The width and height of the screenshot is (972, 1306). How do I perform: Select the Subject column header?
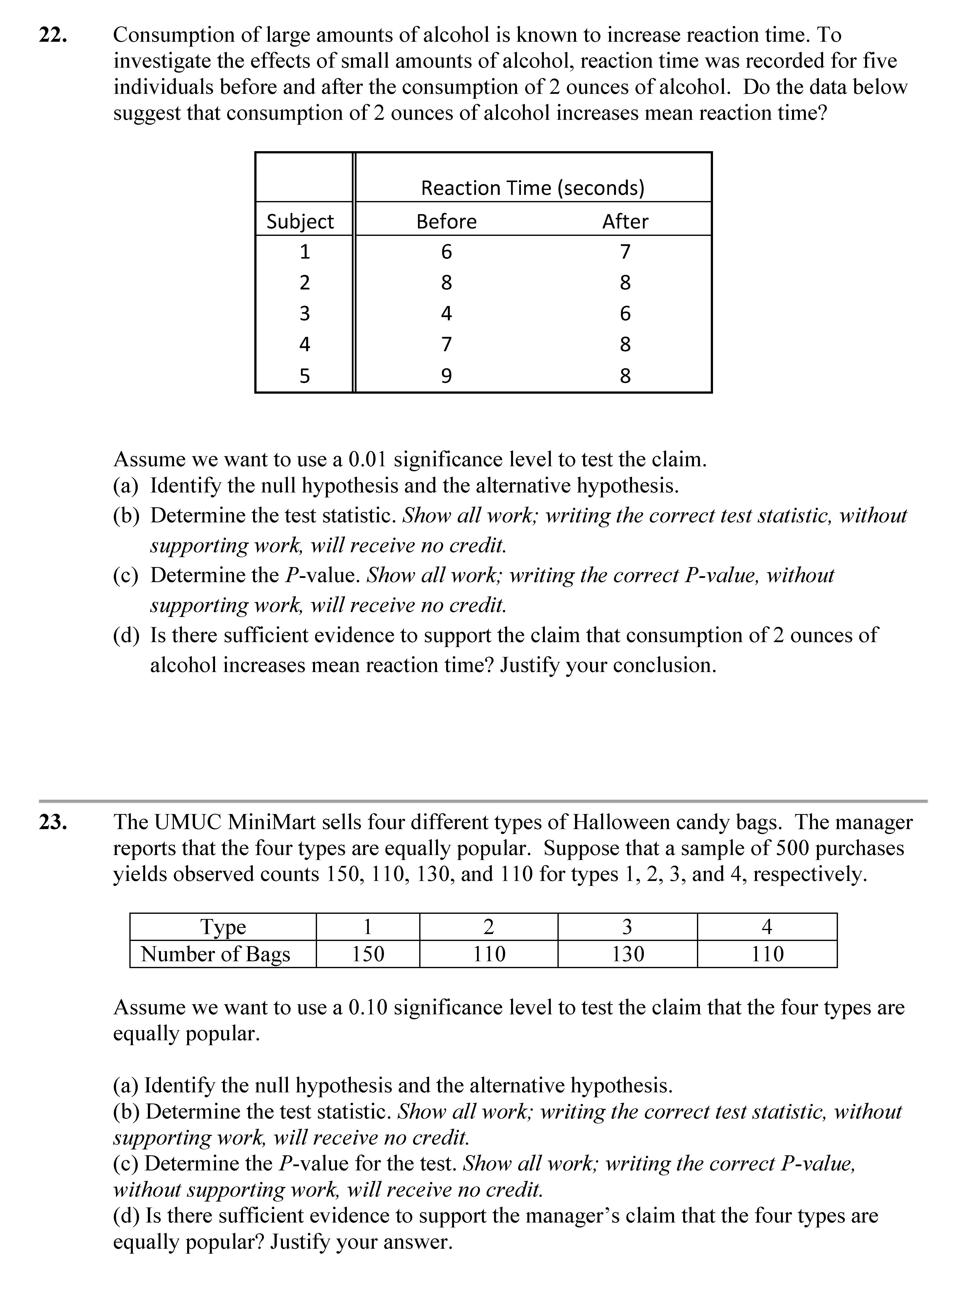point(300,221)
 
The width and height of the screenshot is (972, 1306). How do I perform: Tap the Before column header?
point(447,221)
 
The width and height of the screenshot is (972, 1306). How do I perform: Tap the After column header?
point(625,221)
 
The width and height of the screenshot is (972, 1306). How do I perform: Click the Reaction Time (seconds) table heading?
point(533,188)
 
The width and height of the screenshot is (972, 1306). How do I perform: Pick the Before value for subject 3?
point(447,313)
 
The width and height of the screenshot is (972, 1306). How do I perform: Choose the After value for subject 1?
point(625,252)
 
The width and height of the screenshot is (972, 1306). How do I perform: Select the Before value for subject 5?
point(447,375)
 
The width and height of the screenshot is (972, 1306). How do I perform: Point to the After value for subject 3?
point(625,313)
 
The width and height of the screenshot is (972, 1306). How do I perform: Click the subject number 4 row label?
point(304,344)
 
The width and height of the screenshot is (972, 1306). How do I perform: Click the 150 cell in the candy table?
point(368,954)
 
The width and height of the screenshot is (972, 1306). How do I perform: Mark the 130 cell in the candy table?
point(628,954)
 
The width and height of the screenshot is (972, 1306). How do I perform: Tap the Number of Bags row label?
point(216,954)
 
